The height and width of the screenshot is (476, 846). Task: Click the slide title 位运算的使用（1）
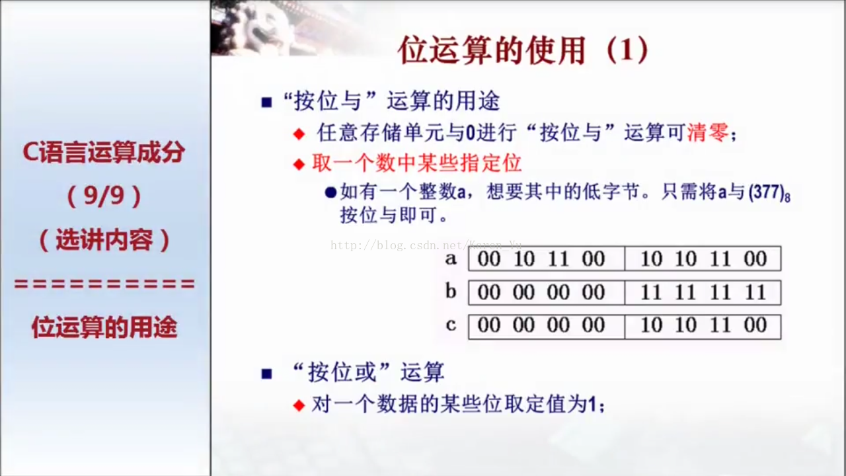[x=523, y=50]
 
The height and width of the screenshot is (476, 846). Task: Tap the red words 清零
[x=708, y=133]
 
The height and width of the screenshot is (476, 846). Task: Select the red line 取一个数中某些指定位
[x=417, y=163]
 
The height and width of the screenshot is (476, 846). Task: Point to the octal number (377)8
[x=770, y=193]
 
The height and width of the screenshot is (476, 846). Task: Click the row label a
[x=451, y=258]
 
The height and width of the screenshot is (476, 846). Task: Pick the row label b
[x=451, y=291]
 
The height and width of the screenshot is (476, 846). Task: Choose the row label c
[x=451, y=325]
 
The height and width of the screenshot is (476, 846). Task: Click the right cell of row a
[x=703, y=258]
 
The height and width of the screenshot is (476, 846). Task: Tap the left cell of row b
[x=547, y=292]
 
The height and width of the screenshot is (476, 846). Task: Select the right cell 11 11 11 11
[x=703, y=292]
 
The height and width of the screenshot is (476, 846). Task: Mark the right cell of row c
[x=703, y=327]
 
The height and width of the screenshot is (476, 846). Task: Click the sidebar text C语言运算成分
[x=104, y=152]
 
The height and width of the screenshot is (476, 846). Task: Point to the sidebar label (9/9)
[x=104, y=196]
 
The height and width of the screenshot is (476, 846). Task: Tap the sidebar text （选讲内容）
[x=104, y=240]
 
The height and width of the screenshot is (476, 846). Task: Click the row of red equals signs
[x=104, y=284]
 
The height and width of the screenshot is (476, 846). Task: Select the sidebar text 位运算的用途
[x=104, y=327]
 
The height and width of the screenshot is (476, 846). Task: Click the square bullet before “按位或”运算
[x=266, y=374]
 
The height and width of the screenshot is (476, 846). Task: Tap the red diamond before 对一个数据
[x=299, y=405]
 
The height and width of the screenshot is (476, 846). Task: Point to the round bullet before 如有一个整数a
[x=330, y=192]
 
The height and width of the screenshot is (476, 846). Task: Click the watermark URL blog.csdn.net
[x=426, y=245]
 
